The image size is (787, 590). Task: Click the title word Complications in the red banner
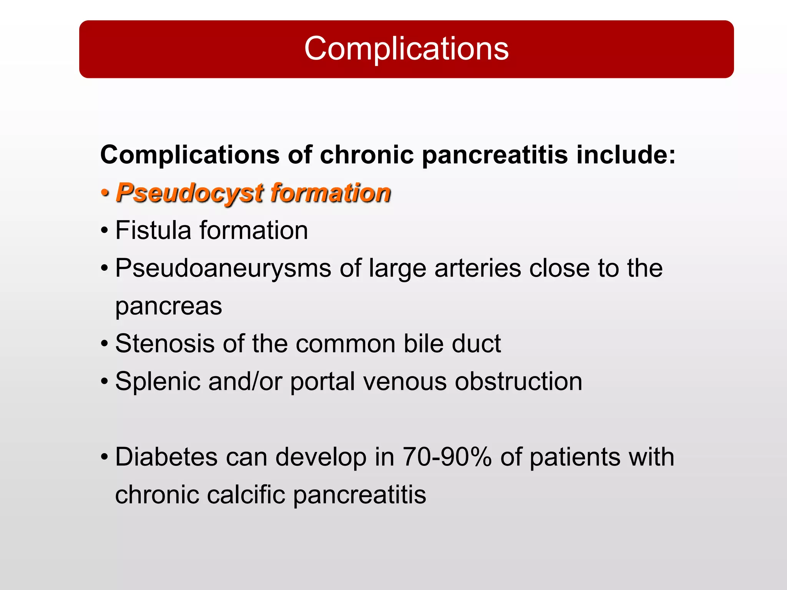click(x=406, y=49)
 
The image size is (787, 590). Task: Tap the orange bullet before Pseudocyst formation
click(x=105, y=193)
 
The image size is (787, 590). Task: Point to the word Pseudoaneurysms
click(x=223, y=268)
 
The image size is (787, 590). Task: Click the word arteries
click(x=478, y=268)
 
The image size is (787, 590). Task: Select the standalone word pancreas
click(x=168, y=307)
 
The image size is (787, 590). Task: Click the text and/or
click(x=245, y=381)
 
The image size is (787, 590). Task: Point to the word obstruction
click(x=518, y=381)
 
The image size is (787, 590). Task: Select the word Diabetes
click(x=166, y=457)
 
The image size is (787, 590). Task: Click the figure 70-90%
click(x=447, y=457)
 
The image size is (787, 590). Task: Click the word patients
click(x=574, y=457)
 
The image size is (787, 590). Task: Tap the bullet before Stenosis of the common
click(x=105, y=344)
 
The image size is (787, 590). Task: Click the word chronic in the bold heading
click(x=367, y=155)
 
